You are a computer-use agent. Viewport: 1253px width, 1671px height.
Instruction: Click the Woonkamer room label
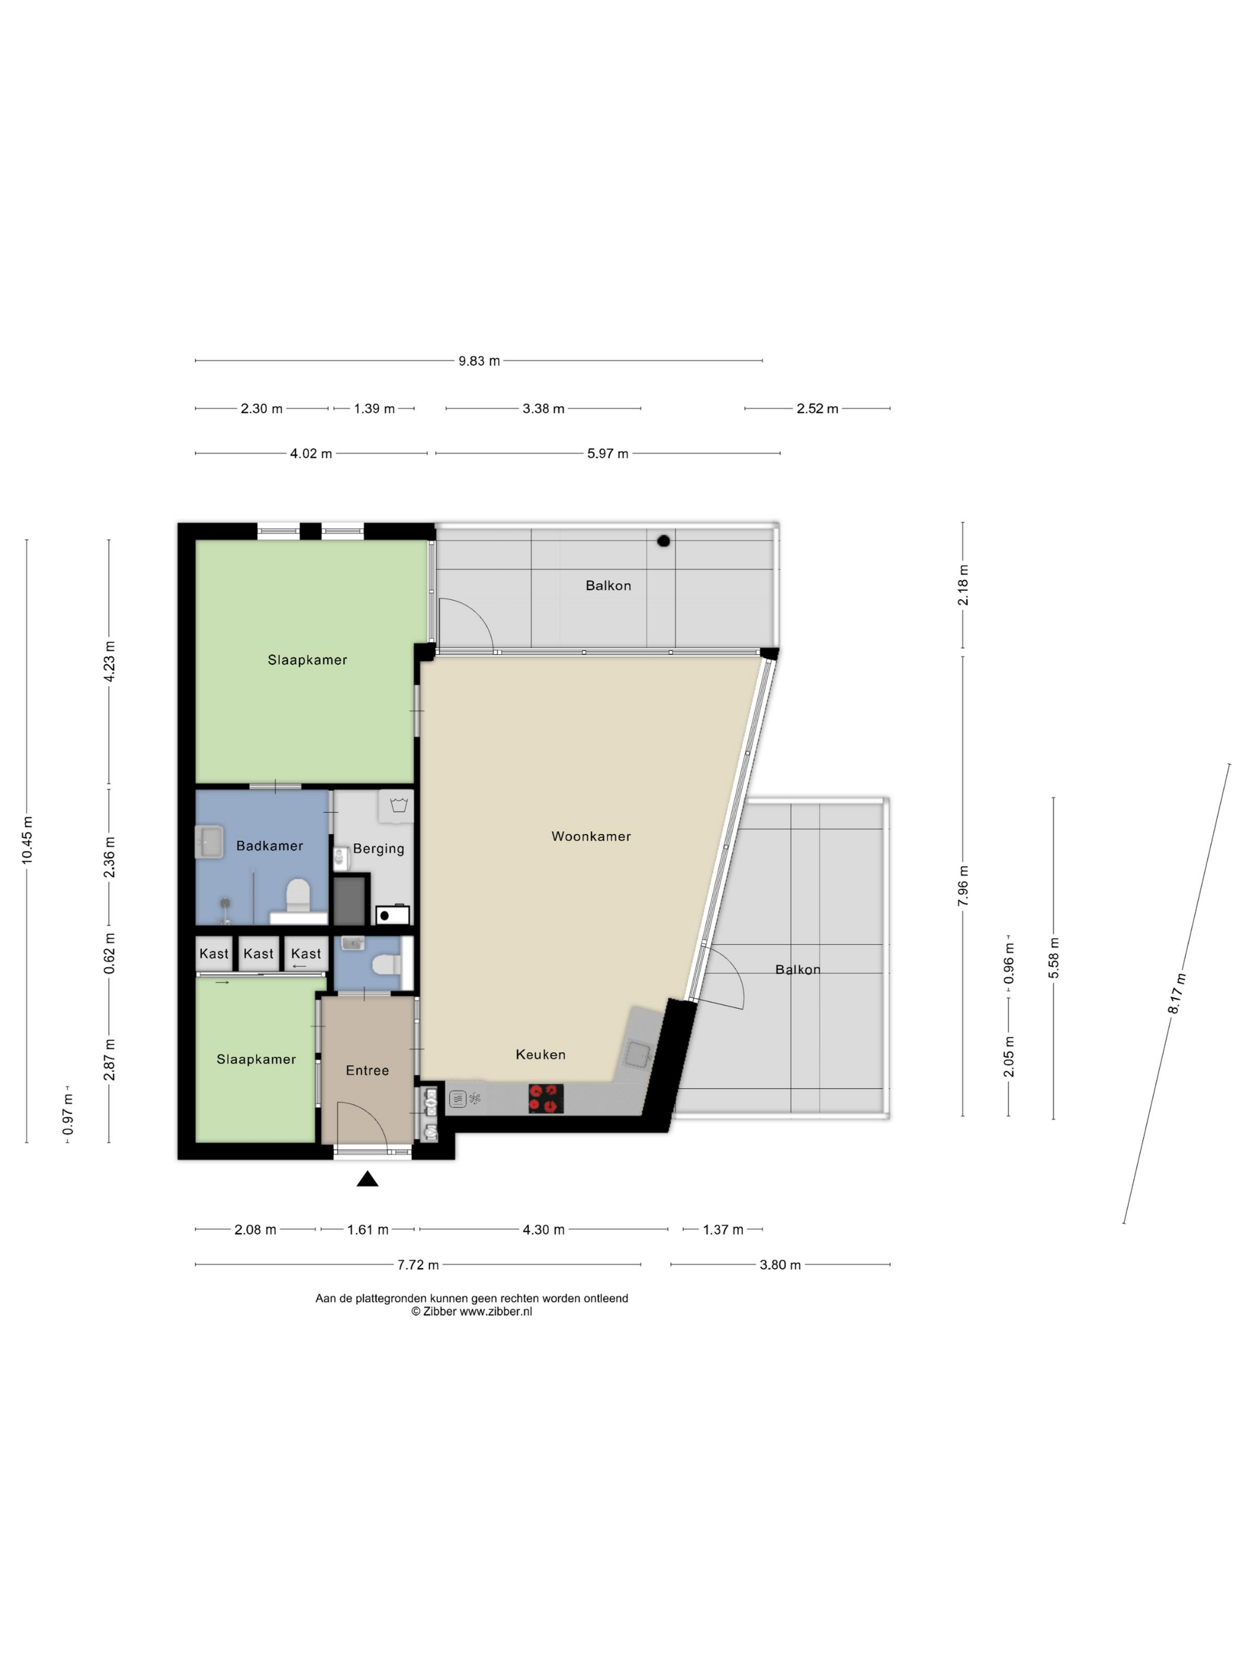click(591, 836)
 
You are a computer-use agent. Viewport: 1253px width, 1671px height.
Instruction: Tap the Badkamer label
click(270, 846)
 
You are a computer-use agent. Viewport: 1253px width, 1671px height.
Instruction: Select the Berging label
click(378, 849)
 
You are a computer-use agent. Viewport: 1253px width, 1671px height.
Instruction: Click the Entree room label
click(367, 1071)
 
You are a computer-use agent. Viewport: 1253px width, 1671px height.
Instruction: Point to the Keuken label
click(540, 1055)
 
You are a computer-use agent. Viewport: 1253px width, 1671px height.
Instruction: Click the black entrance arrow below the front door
click(367, 1179)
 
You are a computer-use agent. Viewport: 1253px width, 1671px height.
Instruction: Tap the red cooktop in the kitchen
click(546, 1099)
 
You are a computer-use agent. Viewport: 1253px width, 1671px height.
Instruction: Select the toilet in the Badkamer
click(298, 895)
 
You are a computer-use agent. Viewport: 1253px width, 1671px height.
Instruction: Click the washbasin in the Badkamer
click(209, 842)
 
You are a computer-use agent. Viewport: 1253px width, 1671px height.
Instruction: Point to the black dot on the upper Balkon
click(663, 541)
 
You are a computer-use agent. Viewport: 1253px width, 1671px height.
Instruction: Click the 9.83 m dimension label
click(479, 361)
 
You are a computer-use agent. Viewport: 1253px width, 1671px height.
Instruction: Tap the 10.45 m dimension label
click(27, 840)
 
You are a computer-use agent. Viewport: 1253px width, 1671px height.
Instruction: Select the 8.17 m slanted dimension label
click(1177, 994)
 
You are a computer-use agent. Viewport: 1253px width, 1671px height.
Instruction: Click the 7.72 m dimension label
click(418, 1265)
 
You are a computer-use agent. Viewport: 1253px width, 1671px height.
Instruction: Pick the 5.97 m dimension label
click(607, 454)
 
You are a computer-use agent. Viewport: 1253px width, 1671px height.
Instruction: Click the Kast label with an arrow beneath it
click(306, 954)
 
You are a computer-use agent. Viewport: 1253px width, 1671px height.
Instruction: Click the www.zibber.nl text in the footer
click(495, 1311)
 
